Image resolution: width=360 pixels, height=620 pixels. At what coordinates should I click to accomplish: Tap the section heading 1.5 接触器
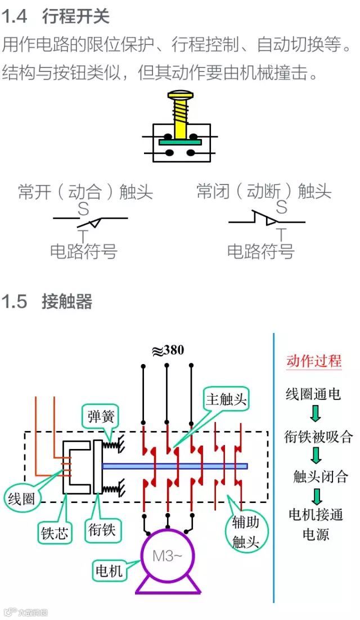pyautogui.click(x=47, y=302)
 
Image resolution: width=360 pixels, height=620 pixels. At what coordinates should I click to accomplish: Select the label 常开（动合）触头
pyautogui.click(x=85, y=192)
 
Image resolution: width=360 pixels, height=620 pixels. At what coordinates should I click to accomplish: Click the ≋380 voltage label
pyautogui.click(x=168, y=350)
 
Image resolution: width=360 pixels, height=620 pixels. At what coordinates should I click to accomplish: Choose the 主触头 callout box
pyautogui.click(x=226, y=399)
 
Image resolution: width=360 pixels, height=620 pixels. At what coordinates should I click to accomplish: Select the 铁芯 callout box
pyautogui.click(x=55, y=532)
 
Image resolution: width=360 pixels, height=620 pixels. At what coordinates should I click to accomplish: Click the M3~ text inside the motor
pyautogui.click(x=168, y=556)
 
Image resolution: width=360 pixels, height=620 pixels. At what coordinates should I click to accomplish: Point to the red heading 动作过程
pyautogui.click(x=314, y=361)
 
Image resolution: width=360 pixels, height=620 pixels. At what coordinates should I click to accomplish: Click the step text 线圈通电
pyautogui.click(x=313, y=394)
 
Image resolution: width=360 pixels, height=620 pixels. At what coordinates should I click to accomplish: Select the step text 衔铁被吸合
pyautogui.click(x=318, y=436)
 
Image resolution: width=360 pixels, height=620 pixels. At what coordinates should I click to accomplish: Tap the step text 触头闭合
pyautogui.click(x=321, y=477)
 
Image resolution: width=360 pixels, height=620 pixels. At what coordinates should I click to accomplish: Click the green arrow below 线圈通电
pyautogui.click(x=316, y=414)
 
